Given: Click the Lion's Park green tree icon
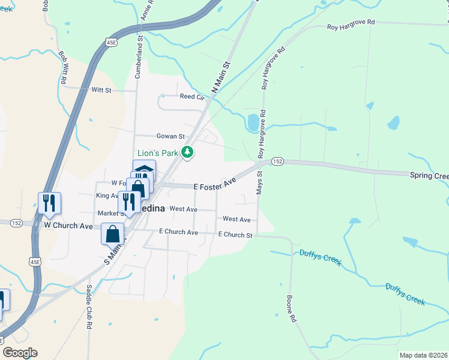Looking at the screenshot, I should tap(188, 152).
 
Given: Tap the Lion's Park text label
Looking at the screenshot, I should tap(158, 153).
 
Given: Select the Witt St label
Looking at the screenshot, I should tap(101, 90).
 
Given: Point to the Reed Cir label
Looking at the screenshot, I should tap(192, 96).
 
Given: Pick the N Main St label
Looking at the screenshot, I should tap(221, 77).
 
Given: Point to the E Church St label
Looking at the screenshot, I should tap(235, 235).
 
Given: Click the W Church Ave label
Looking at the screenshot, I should tap(69, 226).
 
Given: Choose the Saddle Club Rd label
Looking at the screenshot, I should tap(89, 314).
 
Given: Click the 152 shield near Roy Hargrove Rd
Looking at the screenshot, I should tap(277, 161).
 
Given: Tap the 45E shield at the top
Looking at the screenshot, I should tap(112, 43).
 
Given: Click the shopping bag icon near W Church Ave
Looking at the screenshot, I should tap(112, 233).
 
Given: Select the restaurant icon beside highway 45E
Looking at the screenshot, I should tap(49, 202).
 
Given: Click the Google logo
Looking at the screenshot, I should tap(20, 352).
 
